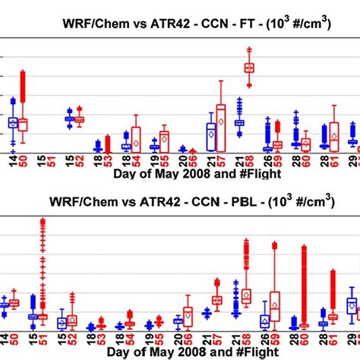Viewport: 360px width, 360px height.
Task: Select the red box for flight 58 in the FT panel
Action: click(x=249, y=68)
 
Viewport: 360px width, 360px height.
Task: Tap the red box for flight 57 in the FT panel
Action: click(x=221, y=122)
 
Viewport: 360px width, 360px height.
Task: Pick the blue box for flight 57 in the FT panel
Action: click(x=211, y=132)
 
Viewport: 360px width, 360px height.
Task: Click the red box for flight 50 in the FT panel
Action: click(x=23, y=124)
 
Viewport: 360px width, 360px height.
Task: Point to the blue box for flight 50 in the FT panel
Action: click(x=13, y=122)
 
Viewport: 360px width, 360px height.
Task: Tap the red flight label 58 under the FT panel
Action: click(x=250, y=160)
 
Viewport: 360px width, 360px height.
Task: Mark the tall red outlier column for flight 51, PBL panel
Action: click(x=43, y=266)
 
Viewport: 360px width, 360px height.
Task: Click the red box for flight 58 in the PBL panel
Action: click(x=245, y=294)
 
